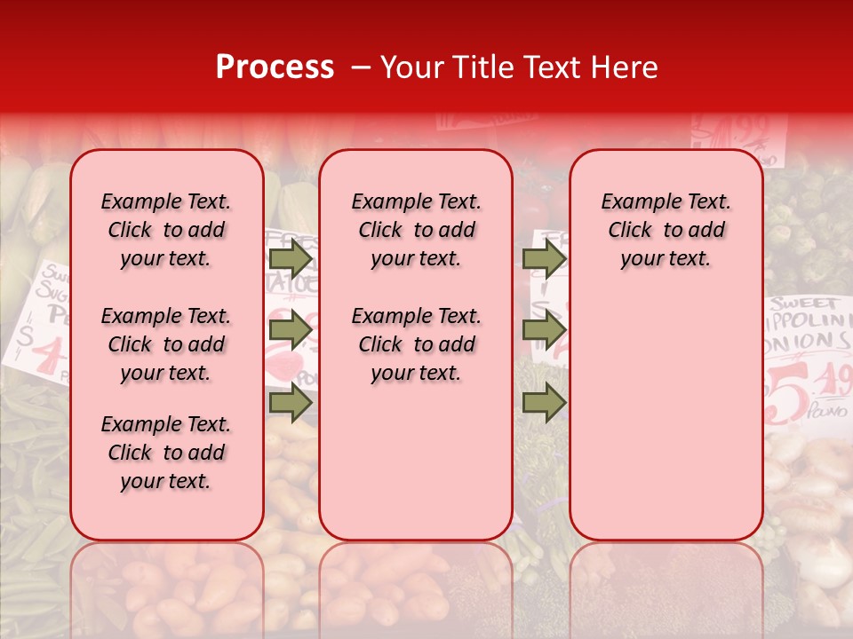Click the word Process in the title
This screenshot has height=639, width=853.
(x=275, y=67)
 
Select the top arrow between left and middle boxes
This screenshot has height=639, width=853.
(x=291, y=259)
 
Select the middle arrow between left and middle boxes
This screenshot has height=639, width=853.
(x=291, y=331)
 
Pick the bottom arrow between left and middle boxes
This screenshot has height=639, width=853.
(x=291, y=403)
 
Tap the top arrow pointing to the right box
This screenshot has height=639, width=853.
(x=544, y=259)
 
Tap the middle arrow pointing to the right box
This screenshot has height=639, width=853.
(x=544, y=331)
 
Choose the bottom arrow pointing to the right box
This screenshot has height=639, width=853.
(x=544, y=403)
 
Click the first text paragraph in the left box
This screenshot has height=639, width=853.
(x=166, y=230)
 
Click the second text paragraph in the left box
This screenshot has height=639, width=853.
(x=166, y=344)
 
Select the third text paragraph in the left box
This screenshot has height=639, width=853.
(x=166, y=453)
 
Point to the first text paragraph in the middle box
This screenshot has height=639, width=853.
(x=416, y=230)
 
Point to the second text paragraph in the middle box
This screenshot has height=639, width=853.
(x=416, y=344)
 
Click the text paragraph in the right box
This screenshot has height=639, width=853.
(x=666, y=230)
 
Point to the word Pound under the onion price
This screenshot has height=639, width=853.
(x=825, y=412)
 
